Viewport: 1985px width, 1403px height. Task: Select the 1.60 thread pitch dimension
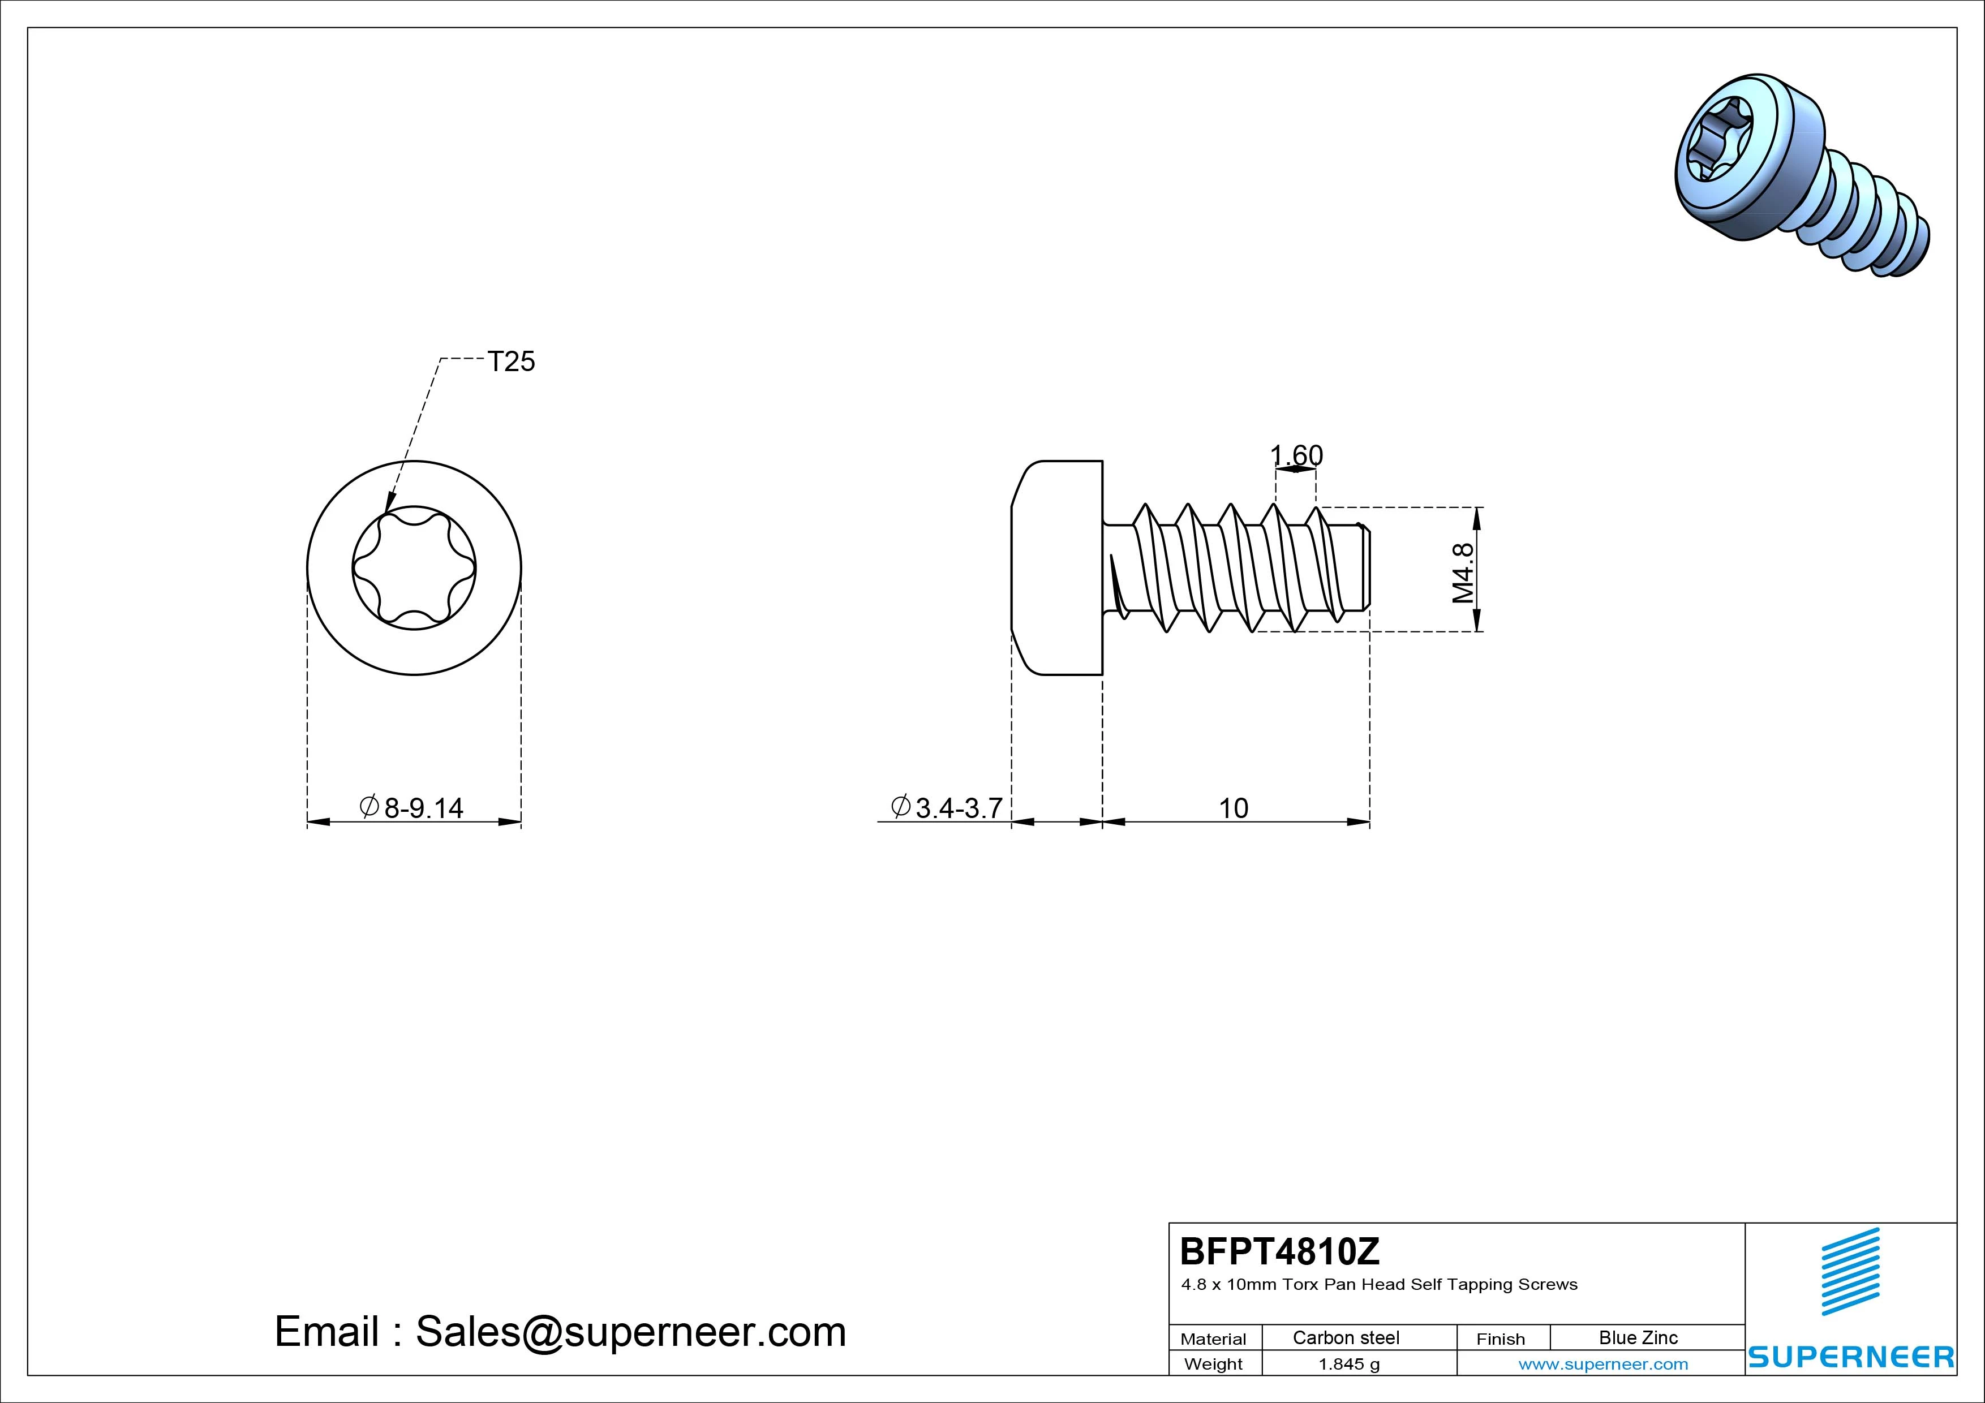(x=1296, y=455)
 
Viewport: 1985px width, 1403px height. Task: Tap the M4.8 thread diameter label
(x=1463, y=573)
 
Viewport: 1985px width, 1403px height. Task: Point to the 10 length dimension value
(x=1234, y=808)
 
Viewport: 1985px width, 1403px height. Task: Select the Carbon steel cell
(x=1346, y=1337)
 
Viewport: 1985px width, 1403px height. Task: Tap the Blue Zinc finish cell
(x=1638, y=1337)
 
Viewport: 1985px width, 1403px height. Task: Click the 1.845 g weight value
(x=1348, y=1364)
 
